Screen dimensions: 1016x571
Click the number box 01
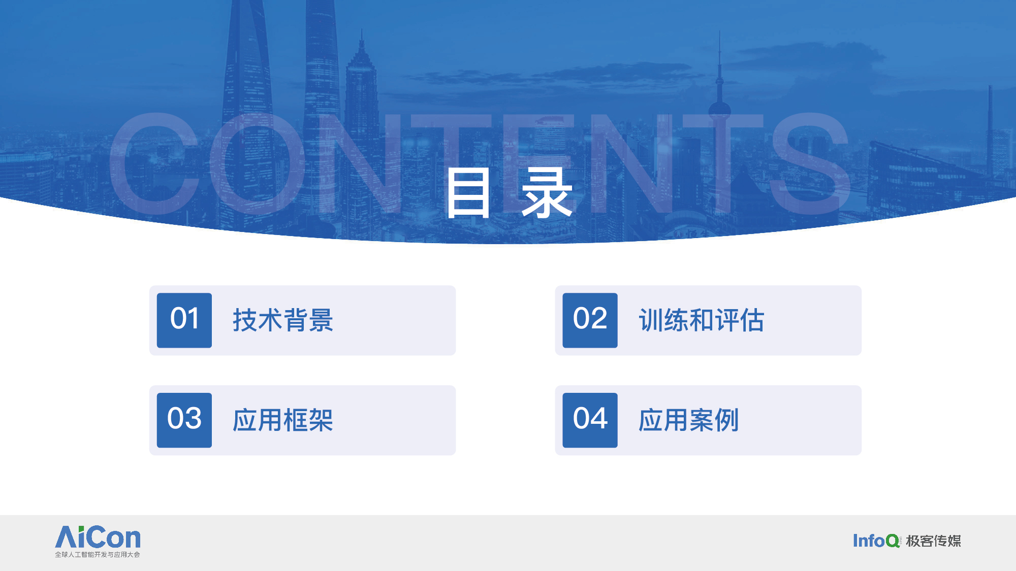click(x=184, y=320)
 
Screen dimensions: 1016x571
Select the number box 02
click(x=590, y=320)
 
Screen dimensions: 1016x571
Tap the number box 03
click(x=184, y=420)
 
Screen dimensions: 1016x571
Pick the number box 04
click(x=590, y=420)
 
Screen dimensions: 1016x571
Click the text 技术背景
click(x=283, y=320)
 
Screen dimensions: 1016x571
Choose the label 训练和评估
click(x=702, y=320)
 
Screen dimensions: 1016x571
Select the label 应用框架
click(x=283, y=420)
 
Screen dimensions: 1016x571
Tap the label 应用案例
click(x=689, y=420)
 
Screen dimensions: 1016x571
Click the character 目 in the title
click(x=468, y=193)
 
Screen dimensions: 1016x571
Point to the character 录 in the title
click(x=547, y=193)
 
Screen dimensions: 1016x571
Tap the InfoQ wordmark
click(x=876, y=541)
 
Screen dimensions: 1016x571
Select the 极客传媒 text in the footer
click(x=934, y=541)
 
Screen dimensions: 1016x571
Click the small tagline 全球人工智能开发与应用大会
click(x=98, y=555)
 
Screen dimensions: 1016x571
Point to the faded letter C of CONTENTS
click(x=155, y=163)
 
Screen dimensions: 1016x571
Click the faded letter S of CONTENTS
click(x=810, y=163)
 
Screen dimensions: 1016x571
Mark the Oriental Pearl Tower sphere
click(x=719, y=110)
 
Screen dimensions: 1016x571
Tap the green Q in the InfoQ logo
click(x=893, y=541)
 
